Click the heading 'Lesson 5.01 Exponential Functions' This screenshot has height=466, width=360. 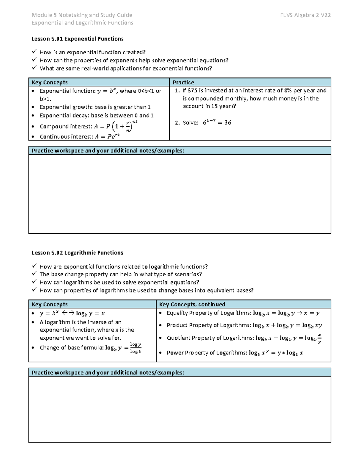[x=77, y=39]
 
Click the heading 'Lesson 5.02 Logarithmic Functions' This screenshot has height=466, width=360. [x=77, y=253]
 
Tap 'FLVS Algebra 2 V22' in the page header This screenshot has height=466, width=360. [x=305, y=15]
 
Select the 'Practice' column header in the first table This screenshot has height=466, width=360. [x=183, y=82]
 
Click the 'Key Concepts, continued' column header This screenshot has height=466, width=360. [x=192, y=304]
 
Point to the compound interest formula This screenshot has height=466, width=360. [x=116, y=126]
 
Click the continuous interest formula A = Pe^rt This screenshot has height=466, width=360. [x=107, y=137]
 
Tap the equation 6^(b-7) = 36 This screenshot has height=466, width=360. [x=217, y=122]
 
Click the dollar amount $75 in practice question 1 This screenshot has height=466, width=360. [x=192, y=90]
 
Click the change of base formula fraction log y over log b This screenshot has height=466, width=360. [x=136, y=348]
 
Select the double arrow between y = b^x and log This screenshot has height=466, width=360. [x=68, y=313]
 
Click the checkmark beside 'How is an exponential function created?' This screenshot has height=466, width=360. [x=34, y=52]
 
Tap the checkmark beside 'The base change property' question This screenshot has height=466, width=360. [x=34, y=274]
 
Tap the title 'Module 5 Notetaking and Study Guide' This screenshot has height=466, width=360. [x=82, y=15]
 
